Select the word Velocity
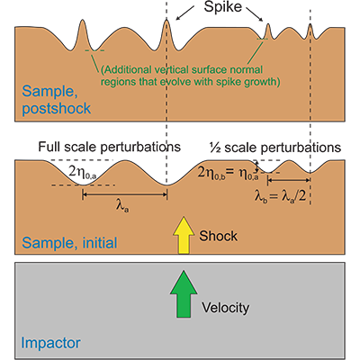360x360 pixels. pyautogui.click(x=226, y=307)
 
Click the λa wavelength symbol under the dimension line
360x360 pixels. pyautogui.click(x=121, y=205)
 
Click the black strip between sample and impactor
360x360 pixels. pyautogui.click(x=180, y=258)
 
